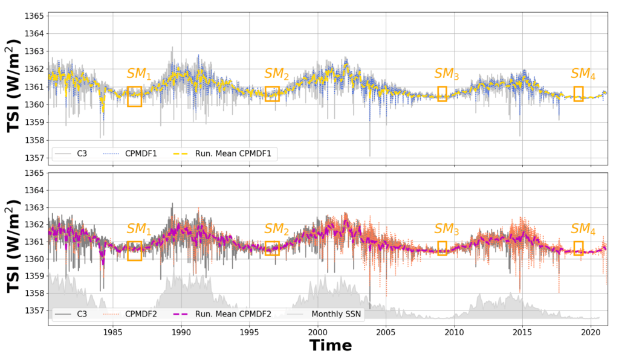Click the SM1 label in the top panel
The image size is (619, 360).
click(138, 74)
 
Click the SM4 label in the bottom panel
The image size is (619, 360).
click(583, 230)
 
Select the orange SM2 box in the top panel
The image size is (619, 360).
click(272, 94)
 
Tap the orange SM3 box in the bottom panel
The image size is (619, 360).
click(442, 248)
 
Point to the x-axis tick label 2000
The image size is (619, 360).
click(318, 332)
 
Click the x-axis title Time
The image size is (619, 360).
click(330, 346)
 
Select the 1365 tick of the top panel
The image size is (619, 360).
click(34, 15)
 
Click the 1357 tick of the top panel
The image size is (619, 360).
click(34, 158)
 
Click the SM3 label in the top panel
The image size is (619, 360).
click(447, 74)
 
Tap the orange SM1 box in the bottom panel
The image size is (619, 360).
click(134, 251)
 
